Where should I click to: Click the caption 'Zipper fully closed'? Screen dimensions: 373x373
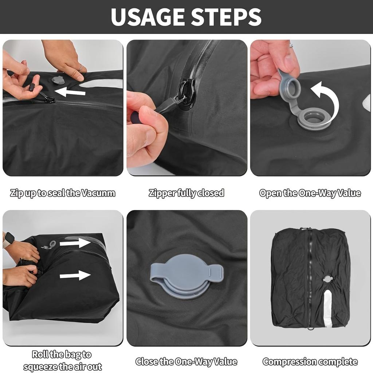click(x=186, y=193)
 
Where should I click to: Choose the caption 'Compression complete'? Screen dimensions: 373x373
click(x=310, y=362)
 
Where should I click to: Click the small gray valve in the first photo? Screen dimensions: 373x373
click(x=58, y=80)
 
